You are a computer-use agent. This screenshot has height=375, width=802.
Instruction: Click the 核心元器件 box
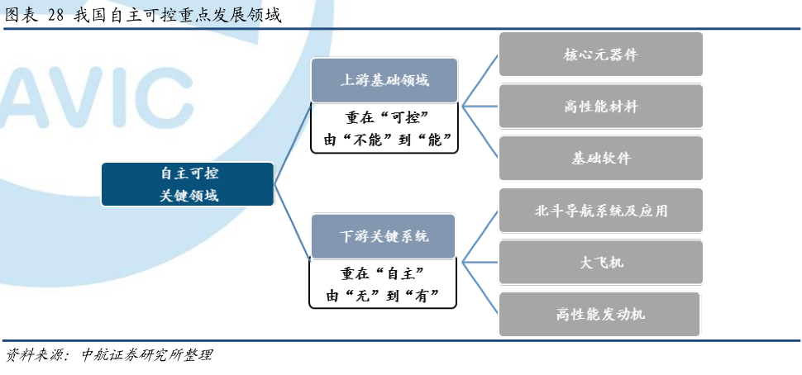tap(600, 55)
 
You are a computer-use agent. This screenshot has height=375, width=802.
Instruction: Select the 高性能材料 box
tap(600, 107)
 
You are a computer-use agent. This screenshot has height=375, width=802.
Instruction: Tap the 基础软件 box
tap(600, 159)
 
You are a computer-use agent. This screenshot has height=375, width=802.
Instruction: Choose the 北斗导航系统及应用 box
tap(600, 211)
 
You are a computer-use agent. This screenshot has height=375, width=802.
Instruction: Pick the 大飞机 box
tap(600, 263)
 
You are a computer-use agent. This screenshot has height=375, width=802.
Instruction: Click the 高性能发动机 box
tap(599, 314)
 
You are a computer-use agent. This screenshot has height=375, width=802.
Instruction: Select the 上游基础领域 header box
tap(384, 80)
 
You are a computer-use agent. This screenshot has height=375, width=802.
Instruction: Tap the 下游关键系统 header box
tap(383, 236)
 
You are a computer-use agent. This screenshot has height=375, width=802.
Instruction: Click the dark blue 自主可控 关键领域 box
tap(188, 184)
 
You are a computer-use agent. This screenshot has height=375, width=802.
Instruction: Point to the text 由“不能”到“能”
tap(384, 140)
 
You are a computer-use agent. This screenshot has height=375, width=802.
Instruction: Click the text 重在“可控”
tap(384, 117)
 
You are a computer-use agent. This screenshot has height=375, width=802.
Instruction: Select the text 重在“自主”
tap(383, 273)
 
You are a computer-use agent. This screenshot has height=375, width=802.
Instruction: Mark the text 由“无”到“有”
tap(383, 296)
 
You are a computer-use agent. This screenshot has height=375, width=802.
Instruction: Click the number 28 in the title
tap(55, 16)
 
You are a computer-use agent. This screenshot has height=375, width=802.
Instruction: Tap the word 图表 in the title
tap(21, 16)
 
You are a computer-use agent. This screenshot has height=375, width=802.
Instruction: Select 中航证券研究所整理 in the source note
tap(146, 355)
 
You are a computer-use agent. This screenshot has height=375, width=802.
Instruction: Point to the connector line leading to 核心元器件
tap(480, 80)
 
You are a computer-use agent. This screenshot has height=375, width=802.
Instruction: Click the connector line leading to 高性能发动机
tap(480, 288)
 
